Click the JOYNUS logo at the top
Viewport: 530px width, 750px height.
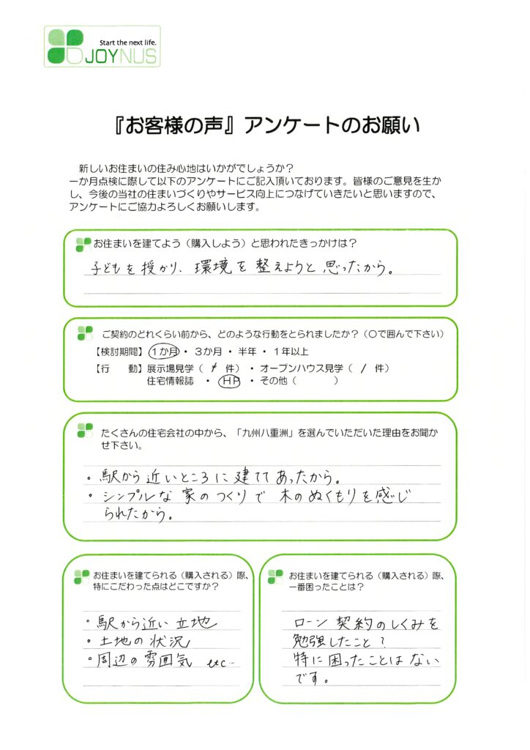point(102,46)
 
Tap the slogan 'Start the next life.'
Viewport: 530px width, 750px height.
point(127,42)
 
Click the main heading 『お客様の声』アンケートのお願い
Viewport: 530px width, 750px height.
point(267,125)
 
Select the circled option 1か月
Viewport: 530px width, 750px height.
point(165,352)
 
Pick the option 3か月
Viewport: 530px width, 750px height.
point(209,352)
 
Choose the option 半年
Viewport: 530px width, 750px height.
point(247,352)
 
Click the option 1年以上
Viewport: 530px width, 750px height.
point(291,352)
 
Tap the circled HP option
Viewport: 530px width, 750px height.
point(229,381)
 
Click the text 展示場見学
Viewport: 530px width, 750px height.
point(170,368)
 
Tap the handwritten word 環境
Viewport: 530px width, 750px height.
point(213,267)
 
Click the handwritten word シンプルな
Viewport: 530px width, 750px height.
point(137,497)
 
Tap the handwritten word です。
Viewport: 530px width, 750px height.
point(310,677)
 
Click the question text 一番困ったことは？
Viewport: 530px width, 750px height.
point(326,587)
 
